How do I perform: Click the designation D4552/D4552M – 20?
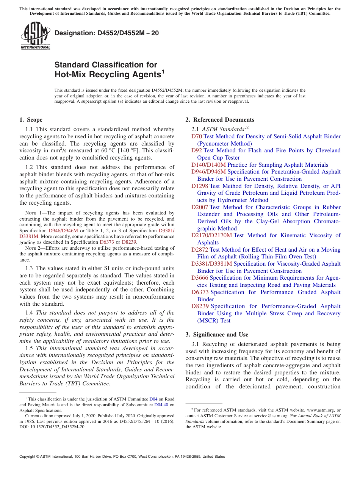click(106, 33)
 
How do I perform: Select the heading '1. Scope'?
click(31, 120)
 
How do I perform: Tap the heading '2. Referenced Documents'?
click(219, 120)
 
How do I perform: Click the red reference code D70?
click(197, 136)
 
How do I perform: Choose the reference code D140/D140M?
click(208, 165)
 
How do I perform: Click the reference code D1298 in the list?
click(200, 186)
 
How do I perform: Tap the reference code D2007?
click(200, 207)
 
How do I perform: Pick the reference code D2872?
click(200, 250)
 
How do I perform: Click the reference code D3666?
click(200, 278)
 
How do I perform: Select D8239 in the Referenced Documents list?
click(200, 306)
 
